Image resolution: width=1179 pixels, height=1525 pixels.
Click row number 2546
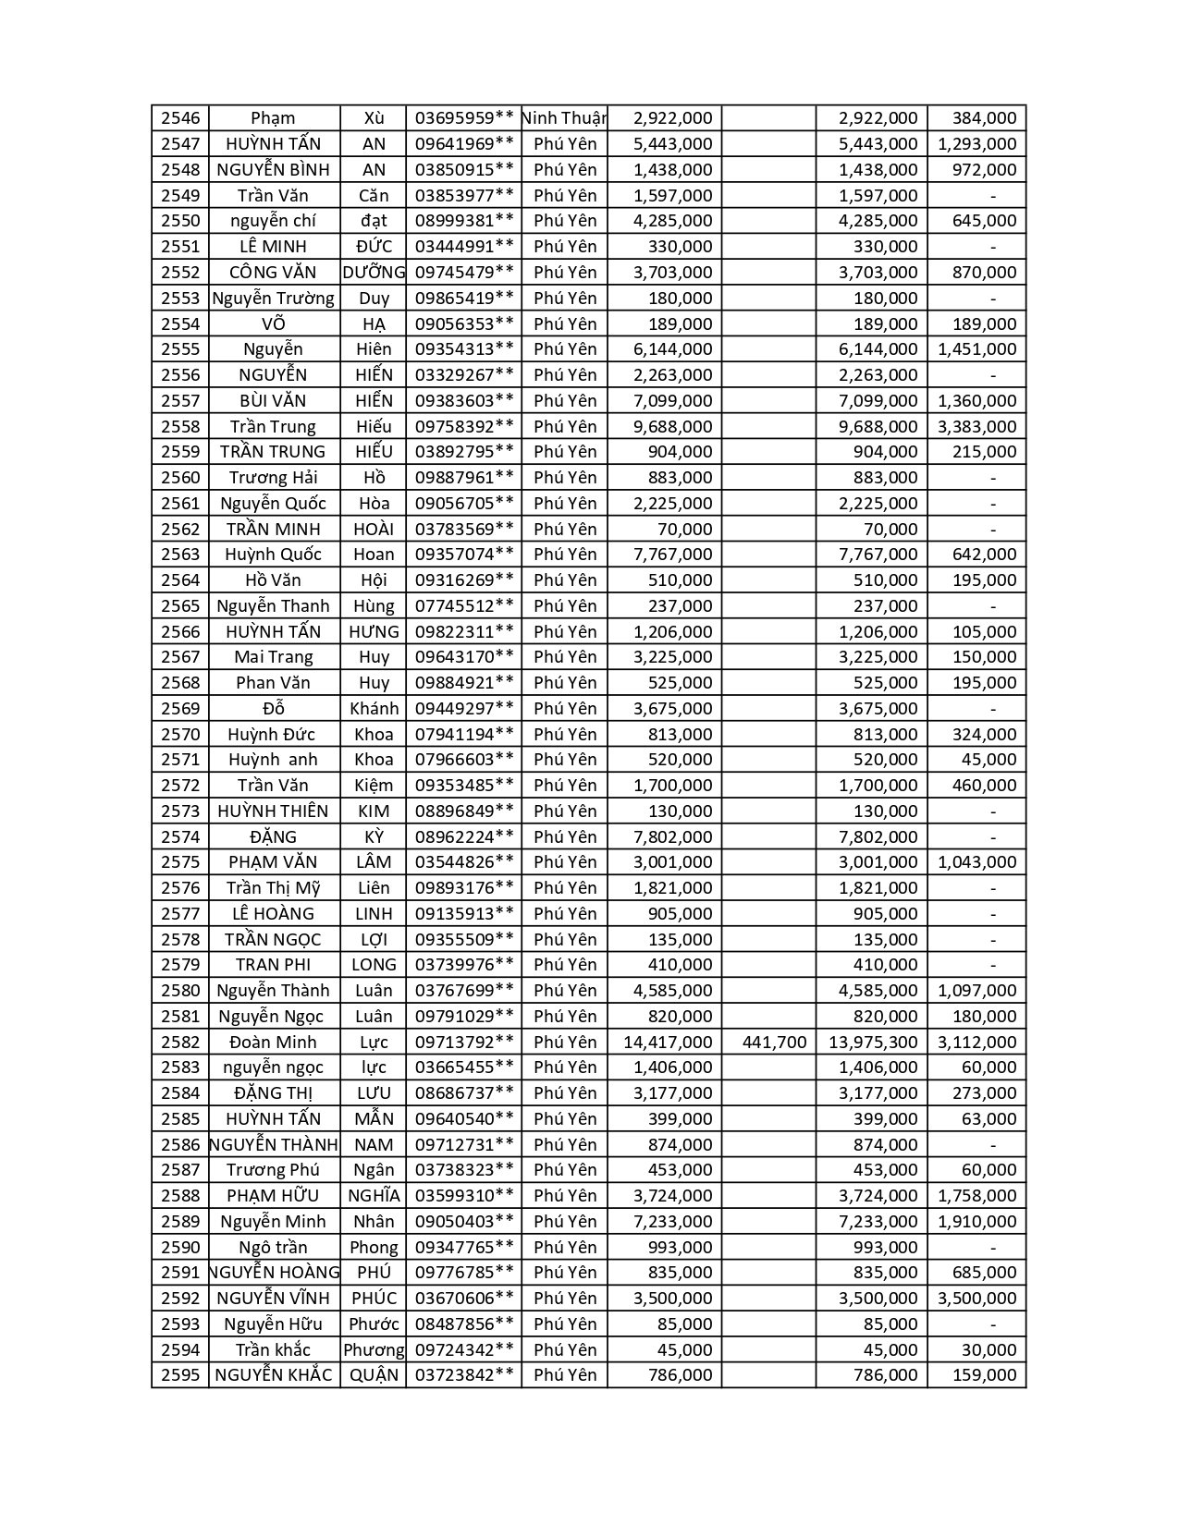click(180, 118)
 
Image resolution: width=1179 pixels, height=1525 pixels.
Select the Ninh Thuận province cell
click(564, 118)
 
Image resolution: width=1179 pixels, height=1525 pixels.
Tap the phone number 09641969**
click(463, 144)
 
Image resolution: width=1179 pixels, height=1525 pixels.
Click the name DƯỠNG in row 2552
click(374, 273)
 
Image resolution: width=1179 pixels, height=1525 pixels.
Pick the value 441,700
click(774, 1043)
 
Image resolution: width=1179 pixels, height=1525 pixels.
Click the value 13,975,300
click(873, 1043)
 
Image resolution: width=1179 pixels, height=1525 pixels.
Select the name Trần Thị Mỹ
click(273, 888)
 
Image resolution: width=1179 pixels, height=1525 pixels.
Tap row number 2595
click(180, 1375)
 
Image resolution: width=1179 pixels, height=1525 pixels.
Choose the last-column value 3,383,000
click(976, 427)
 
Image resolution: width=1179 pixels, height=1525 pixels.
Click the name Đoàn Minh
click(273, 1043)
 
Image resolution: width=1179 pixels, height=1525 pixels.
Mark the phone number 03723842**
click(463, 1375)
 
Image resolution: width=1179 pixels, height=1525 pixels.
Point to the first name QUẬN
click(374, 1375)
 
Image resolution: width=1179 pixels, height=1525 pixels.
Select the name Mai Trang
click(273, 657)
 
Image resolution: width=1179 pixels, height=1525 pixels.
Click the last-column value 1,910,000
click(976, 1222)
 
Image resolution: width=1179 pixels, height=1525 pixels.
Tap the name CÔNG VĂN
click(273, 273)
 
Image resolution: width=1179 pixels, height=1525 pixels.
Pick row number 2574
click(180, 837)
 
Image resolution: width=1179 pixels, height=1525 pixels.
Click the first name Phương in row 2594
click(374, 1350)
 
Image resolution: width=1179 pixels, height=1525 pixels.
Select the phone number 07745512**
click(463, 606)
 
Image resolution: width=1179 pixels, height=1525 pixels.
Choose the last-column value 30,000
click(989, 1350)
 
